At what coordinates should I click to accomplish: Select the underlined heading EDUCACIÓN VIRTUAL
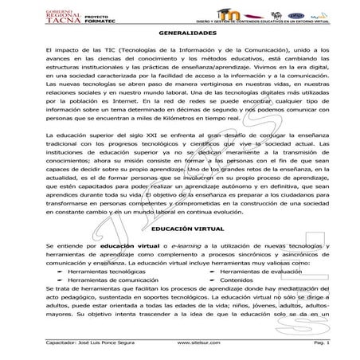179,229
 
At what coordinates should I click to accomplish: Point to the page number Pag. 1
322,341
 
